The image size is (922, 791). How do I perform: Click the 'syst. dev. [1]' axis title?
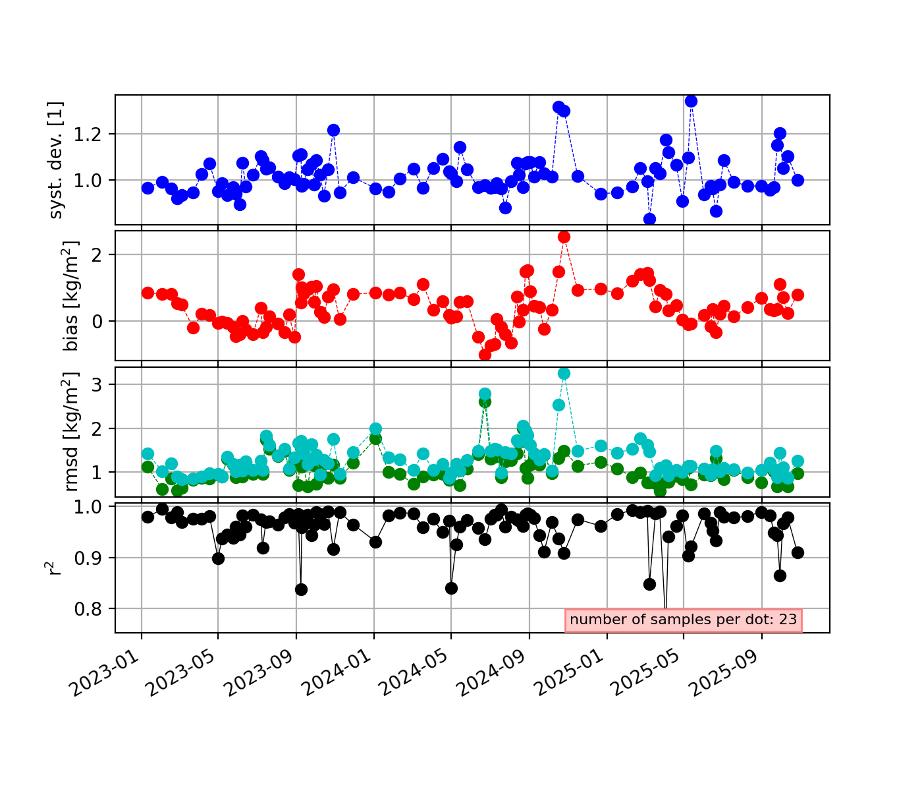pyautogui.click(x=57, y=160)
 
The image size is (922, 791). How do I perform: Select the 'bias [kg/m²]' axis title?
pyautogui.click(x=70, y=295)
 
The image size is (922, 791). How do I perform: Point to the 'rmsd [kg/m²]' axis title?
pyautogui.click(x=70, y=432)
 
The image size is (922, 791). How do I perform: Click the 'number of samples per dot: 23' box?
pyautogui.click(x=683, y=620)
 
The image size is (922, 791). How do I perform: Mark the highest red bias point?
pyautogui.click(x=564, y=237)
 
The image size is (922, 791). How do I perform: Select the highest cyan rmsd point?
pyautogui.click(x=564, y=373)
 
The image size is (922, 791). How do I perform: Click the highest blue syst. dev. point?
pyautogui.click(x=691, y=101)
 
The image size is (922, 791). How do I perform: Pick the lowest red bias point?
pyautogui.click(x=485, y=355)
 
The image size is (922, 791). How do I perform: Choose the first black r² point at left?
pyautogui.click(x=148, y=517)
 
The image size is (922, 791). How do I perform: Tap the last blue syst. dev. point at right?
pyautogui.click(x=798, y=180)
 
